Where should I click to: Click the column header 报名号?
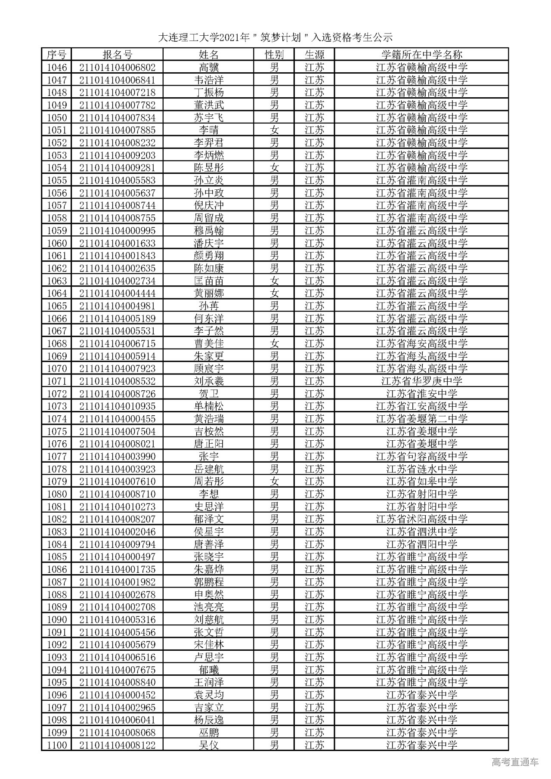[x=117, y=55]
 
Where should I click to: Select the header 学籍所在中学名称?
[x=421, y=55]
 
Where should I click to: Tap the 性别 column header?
[x=274, y=55]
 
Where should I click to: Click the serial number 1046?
[x=57, y=68]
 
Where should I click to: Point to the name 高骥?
[x=209, y=68]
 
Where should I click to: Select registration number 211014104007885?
[x=117, y=130]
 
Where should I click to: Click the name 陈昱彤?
[x=209, y=168]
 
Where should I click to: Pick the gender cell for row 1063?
[x=274, y=281]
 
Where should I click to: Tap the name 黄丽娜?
[x=209, y=294]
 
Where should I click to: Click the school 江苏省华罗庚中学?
[x=421, y=381]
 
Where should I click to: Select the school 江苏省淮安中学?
[x=421, y=394]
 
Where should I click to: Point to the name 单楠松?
[x=209, y=406]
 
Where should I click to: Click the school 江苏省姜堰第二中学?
[x=421, y=419]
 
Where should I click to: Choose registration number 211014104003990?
[x=117, y=457]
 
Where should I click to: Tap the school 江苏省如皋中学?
[x=421, y=482]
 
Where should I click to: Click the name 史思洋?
[x=209, y=507]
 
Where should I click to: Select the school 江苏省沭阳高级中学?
[x=421, y=519]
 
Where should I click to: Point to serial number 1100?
[x=57, y=745]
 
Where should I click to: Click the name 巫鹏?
[x=209, y=733]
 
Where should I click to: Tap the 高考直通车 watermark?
[x=514, y=762]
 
